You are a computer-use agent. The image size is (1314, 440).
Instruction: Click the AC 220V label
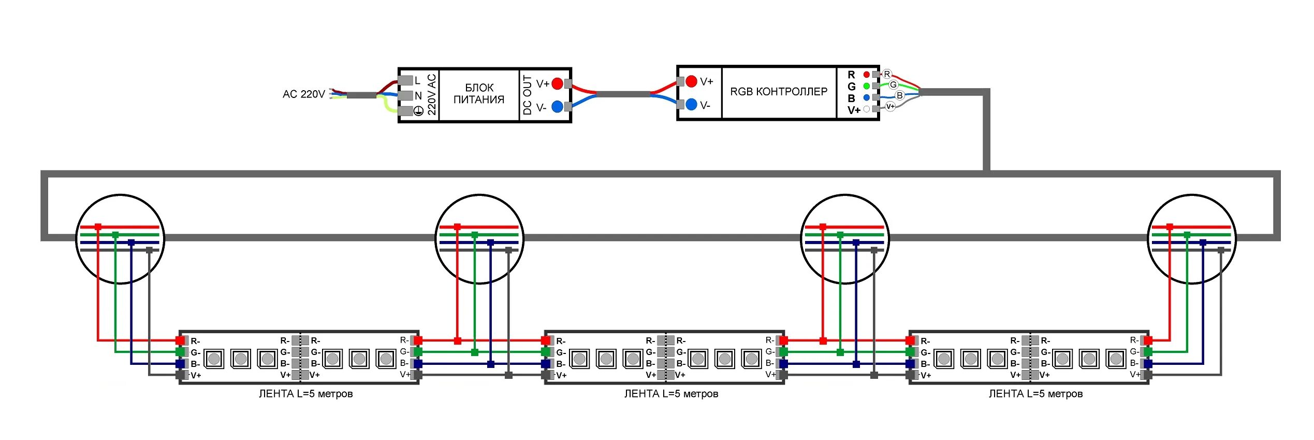[303, 94]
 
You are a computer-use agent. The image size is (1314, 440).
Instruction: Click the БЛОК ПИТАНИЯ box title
[479, 94]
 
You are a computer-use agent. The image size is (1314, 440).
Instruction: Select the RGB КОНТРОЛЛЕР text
[779, 92]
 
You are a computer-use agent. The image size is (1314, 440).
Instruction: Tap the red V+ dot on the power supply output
[557, 83]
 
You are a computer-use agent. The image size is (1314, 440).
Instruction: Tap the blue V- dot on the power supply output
[557, 107]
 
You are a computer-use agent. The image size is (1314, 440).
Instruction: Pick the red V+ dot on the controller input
[691, 81]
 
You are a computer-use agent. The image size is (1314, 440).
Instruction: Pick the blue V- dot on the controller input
[691, 105]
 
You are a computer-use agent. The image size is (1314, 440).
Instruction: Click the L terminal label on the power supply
[417, 81]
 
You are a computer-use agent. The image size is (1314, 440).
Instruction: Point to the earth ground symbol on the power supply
[418, 110]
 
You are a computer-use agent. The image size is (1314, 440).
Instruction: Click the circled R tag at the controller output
[887, 74]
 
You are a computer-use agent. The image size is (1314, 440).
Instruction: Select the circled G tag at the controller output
[893, 84]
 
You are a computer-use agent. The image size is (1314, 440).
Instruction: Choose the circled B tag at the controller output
[900, 95]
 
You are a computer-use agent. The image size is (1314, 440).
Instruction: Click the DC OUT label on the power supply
[528, 95]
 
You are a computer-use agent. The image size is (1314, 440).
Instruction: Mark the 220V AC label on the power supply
[432, 95]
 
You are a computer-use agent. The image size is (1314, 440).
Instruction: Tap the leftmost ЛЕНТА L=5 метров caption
[305, 394]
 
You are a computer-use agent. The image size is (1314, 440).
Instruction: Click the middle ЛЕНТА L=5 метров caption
[671, 394]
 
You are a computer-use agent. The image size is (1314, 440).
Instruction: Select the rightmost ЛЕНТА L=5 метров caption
[1035, 394]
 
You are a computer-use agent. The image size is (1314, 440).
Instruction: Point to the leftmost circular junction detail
[120, 239]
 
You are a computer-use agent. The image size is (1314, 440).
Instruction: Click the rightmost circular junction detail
[1192, 239]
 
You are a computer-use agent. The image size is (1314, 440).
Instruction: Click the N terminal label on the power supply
[418, 96]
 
